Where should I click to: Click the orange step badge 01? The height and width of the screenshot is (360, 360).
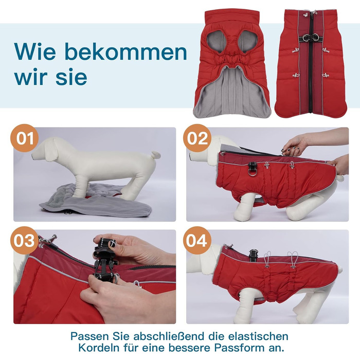coord(25,138)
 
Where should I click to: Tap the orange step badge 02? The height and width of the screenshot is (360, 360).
coord(197,138)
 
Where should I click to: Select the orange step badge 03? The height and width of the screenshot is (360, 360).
coord(24,240)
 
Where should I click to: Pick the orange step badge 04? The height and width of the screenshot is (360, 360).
coord(197,240)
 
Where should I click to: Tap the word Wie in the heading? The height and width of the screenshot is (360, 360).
coord(35,51)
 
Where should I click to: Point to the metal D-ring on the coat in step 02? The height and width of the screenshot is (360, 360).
coord(253,171)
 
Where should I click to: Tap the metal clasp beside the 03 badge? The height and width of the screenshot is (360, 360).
coord(47,241)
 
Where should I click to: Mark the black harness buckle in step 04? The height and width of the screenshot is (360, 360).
coord(254,255)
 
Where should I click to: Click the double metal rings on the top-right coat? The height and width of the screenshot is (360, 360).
coord(311,38)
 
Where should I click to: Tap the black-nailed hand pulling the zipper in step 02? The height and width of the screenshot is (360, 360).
coord(294,145)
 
